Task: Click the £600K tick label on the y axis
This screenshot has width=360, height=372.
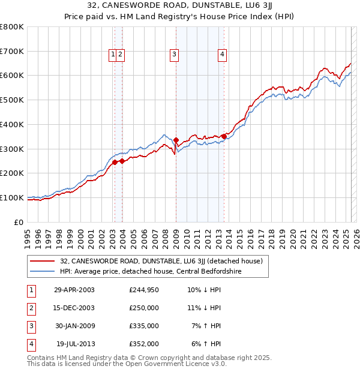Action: pos(12,76)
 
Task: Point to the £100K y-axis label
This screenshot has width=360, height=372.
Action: pos(12,197)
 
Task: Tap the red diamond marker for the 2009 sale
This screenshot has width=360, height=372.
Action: pos(176,140)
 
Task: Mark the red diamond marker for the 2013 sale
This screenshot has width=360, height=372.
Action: pos(224,136)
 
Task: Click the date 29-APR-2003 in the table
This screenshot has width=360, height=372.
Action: pos(74,290)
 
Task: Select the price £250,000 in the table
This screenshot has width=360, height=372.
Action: pos(144,308)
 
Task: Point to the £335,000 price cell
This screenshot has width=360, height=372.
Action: pos(144,326)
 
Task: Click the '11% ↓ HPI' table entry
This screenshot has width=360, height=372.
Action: pos(204,308)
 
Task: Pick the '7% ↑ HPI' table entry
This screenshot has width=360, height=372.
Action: pos(206,326)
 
